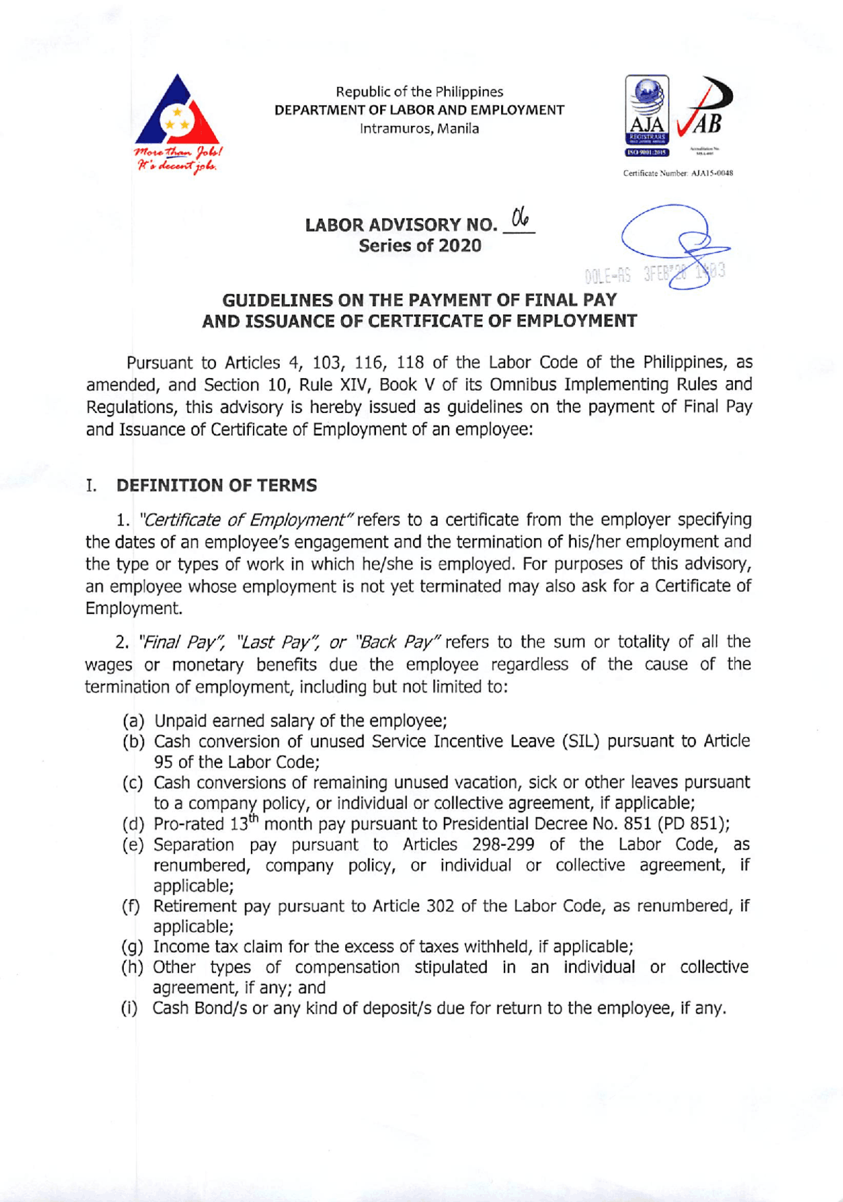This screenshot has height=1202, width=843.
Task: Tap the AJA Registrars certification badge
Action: tap(647, 115)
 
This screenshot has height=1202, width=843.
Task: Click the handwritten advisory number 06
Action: tap(520, 217)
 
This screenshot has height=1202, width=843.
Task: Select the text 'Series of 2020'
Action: tap(420, 246)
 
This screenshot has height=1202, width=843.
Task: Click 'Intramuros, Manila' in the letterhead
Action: tap(419, 129)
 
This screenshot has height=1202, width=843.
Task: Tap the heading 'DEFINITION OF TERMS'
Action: tap(217, 485)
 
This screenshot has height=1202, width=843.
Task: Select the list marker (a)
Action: tap(134, 721)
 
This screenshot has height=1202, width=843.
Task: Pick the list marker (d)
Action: tap(134, 824)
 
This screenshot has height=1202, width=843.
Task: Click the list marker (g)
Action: tap(133, 947)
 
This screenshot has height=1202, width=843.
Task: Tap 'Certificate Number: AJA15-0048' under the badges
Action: tap(678, 173)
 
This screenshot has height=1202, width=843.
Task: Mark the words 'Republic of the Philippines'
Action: tap(420, 92)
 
